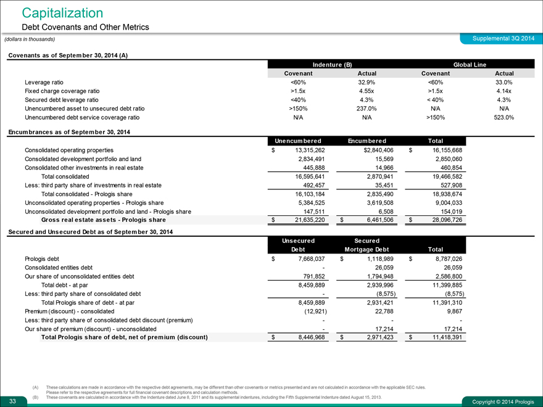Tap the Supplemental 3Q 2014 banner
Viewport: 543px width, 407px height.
pyautogui.click(x=502, y=39)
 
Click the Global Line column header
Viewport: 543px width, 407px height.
pyautogui.click(x=470, y=64)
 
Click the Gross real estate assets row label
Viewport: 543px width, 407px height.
pyautogui.click(x=103, y=220)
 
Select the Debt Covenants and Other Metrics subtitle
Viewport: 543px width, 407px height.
pyautogui.click(x=85, y=27)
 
